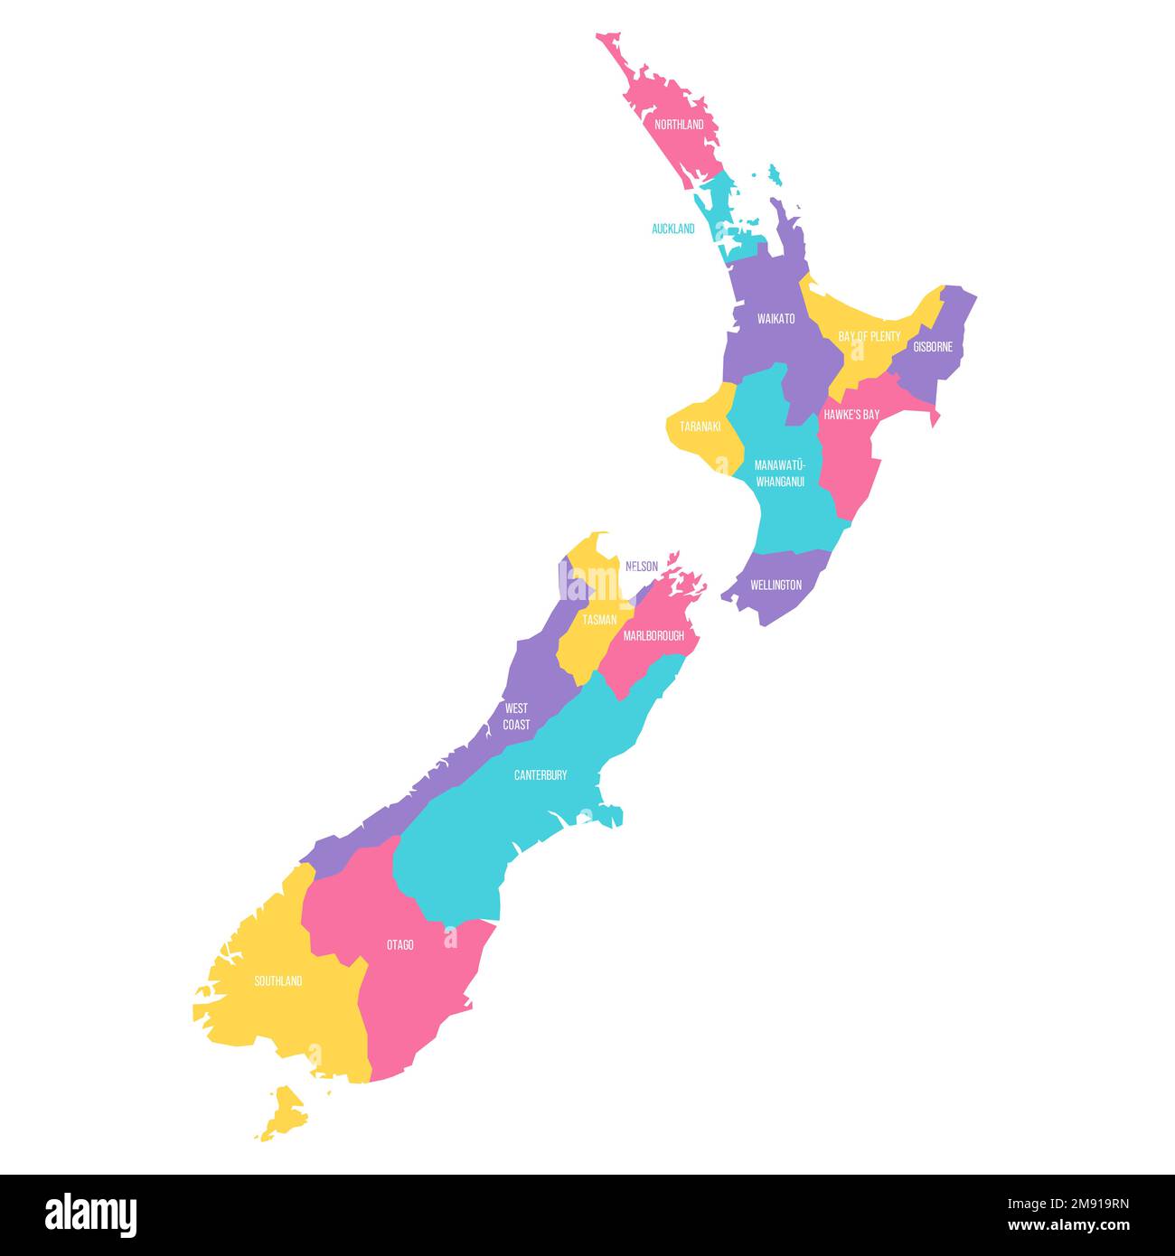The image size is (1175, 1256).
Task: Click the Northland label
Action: click(x=679, y=125)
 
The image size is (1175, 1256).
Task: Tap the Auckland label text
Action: click(x=673, y=229)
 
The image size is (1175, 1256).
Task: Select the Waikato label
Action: click(x=776, y=319)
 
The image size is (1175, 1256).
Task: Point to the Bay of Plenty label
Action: click(x=869, y=336)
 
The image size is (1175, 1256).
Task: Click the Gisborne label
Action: click(x=933, y=346)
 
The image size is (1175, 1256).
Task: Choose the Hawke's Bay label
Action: click(x=851, y=415)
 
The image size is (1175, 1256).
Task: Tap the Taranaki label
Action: click(x=700, y=426)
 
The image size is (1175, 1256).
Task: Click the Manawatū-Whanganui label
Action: click(x=780, y=473)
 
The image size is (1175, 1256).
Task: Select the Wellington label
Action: click(x=775, y=585)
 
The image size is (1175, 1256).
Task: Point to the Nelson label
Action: click(x=642, y=567)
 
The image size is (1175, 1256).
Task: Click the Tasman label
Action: click(x=599, y=620)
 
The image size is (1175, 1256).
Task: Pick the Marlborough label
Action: click(x=653, y=636)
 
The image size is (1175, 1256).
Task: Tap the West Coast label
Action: click(x=517, y=717)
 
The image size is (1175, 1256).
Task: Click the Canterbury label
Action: click(x=540, y=775)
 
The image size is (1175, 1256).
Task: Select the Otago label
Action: click(x=400, y=945)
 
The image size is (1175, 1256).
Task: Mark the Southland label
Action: click(x=278, y=981)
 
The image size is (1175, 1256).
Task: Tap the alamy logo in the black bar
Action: click(x=90, y=1214)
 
